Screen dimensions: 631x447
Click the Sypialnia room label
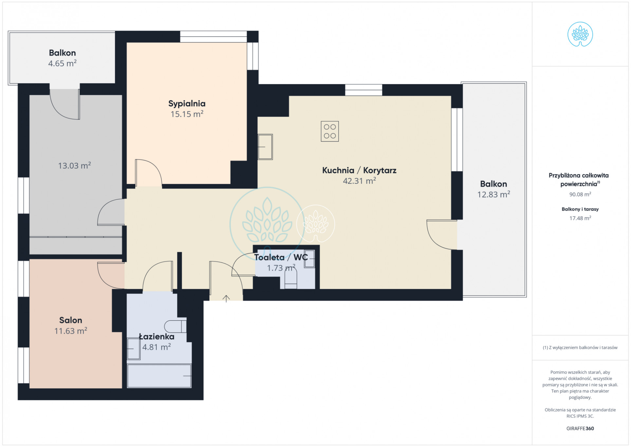click(187, 104)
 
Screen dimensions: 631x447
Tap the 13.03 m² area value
click(74, 165)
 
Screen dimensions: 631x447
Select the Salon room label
click(70, 320)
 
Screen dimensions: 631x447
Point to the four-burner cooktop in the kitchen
click(330, 131)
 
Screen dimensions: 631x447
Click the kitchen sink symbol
click(265, 147)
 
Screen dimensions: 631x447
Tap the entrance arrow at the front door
click(226, 299)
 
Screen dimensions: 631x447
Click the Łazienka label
click(157, 337)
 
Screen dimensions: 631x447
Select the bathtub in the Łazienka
click(159, 376)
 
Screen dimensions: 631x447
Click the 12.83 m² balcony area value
click(493, 194)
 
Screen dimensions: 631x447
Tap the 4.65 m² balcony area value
click(62, 63)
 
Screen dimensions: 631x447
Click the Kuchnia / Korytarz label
click(359, 170)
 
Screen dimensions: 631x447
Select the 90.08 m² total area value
click(580, 194)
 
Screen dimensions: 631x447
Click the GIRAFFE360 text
click(580, 428)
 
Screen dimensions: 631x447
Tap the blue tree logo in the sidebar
click(580, 34)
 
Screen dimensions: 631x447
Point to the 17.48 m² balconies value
click(580, 218)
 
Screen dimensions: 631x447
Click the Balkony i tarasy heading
click(580, 209)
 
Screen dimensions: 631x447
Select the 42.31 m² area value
click(359, 181)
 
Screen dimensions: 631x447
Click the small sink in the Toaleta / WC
click(310, 259)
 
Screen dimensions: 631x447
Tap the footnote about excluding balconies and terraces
click(580, 347)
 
